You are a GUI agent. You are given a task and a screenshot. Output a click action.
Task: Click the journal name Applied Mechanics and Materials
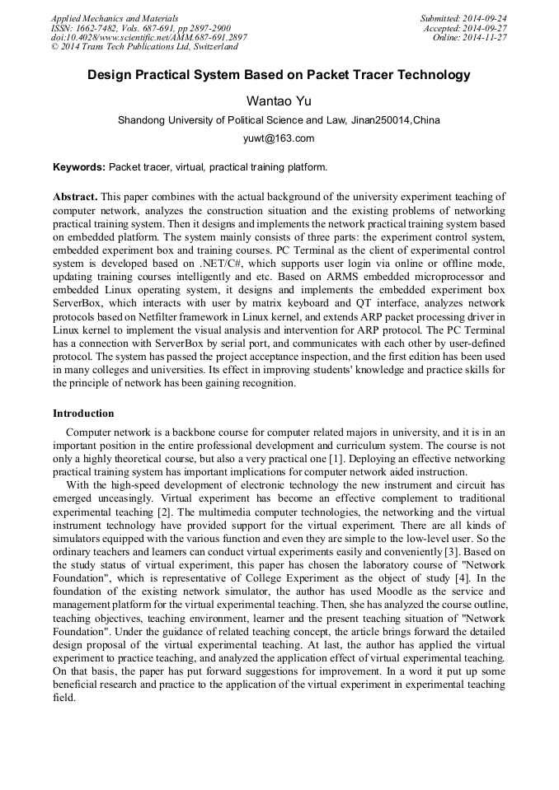tap(115, 17)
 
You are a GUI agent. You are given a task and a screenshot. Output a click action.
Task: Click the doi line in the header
tap(148, 37)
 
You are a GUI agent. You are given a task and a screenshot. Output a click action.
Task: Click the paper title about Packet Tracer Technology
tap(279, 75)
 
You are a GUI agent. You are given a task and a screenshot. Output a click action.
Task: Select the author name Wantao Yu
tap(279, 101)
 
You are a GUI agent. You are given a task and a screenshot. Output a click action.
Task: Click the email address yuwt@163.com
tap(279, 138)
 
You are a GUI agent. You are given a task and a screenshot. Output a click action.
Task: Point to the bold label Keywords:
tap(79, 167)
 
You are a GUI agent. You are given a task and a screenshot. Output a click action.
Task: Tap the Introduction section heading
tap(83, 414)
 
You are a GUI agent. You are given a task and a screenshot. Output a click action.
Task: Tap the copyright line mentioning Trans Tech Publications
tap(144, 47)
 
